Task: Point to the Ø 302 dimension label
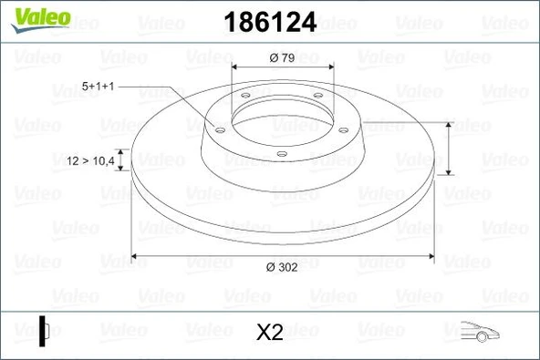click(x=281, y=266)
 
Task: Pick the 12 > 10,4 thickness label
click(x=91, y=160)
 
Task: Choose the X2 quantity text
click(x=269, y=333)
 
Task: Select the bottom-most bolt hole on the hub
click(x=281, y=154)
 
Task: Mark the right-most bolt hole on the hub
click(x=344, y=129)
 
